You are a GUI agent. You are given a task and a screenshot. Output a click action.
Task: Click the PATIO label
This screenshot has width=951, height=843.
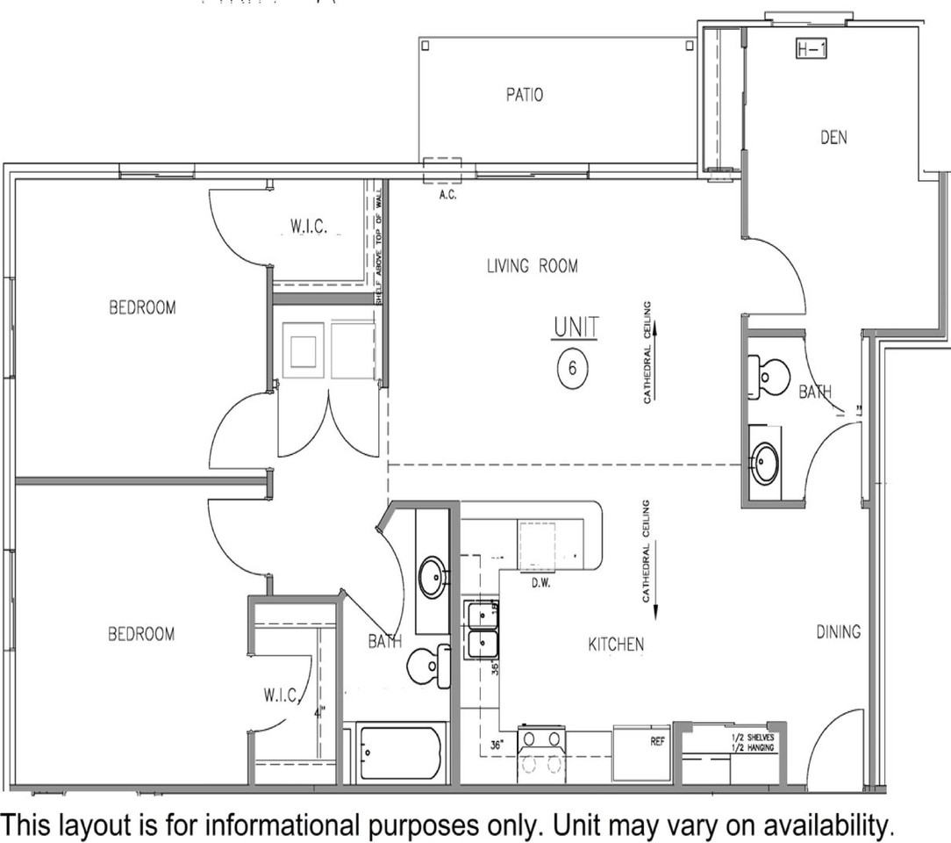point(524,95)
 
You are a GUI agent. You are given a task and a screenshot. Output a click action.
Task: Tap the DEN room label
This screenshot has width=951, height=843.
point(833,137)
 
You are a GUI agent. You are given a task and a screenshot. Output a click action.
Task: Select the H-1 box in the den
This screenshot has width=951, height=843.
point(812,50)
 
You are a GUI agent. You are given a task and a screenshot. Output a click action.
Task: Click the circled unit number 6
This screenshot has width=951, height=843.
point(572,367)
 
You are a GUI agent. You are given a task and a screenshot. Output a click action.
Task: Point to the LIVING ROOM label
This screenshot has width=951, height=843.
point(533,266)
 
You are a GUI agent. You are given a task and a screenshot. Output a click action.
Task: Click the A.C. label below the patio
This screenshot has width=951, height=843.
point(447,195)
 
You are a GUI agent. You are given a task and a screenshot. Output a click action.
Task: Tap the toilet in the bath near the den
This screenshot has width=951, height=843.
point(765,378)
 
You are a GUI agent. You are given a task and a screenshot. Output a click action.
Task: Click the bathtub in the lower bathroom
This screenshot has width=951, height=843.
point(400,753)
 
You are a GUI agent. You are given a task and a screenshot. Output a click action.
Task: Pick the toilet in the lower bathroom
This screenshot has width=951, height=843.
point(427,667)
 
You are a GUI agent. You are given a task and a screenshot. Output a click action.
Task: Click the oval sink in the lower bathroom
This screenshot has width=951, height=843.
point(432,578)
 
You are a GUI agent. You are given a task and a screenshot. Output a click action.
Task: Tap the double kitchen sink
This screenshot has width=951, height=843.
point(482,630)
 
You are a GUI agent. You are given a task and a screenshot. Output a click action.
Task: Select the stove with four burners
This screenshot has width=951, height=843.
point(541,753)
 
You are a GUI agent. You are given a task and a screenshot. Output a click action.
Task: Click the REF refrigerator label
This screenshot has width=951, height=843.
point(657,741)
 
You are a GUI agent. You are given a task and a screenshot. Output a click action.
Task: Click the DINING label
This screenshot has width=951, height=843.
point(838,631)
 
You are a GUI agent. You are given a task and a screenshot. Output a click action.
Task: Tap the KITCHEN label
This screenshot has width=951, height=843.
point(616,645)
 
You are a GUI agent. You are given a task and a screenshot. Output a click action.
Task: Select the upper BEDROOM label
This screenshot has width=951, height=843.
point(142,307)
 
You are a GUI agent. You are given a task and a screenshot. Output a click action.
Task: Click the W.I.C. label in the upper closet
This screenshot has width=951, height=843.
point(309,227)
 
